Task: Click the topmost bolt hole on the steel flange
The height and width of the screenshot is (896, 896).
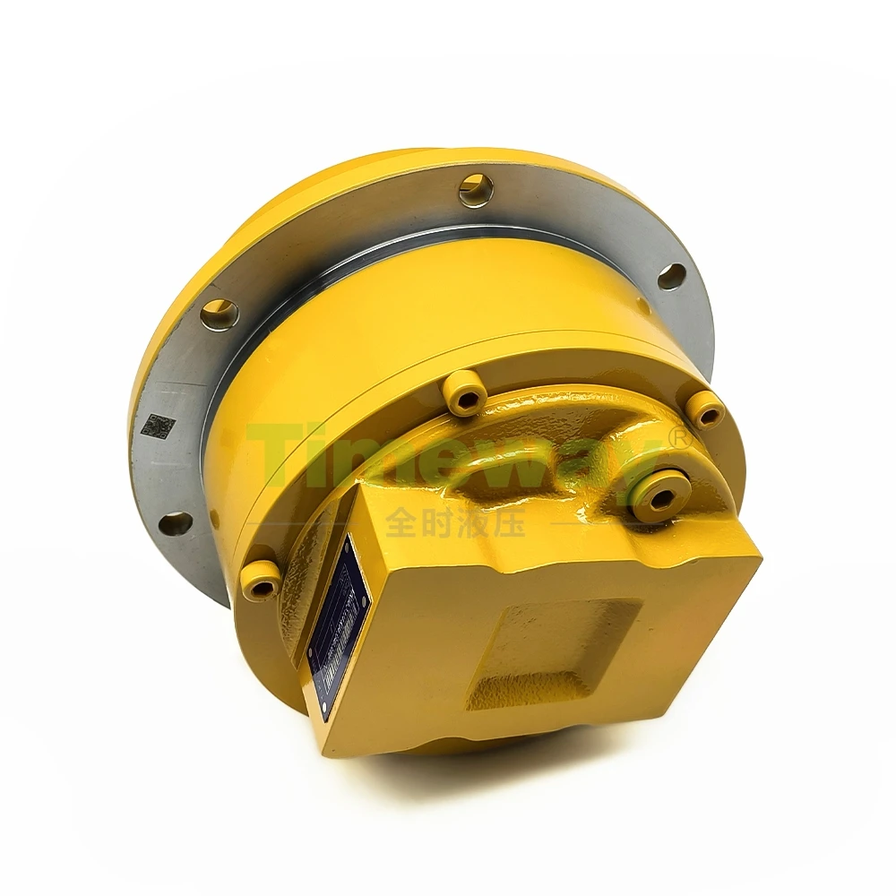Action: coord(476,190)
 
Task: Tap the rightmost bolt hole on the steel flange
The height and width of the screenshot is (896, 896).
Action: coord(671,276)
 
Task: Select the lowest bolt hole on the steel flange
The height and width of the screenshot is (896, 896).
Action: coord(175,523)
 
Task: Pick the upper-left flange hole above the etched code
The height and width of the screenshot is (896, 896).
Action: coord(219,313)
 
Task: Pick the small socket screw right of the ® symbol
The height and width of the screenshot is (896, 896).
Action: coord(708,410)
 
